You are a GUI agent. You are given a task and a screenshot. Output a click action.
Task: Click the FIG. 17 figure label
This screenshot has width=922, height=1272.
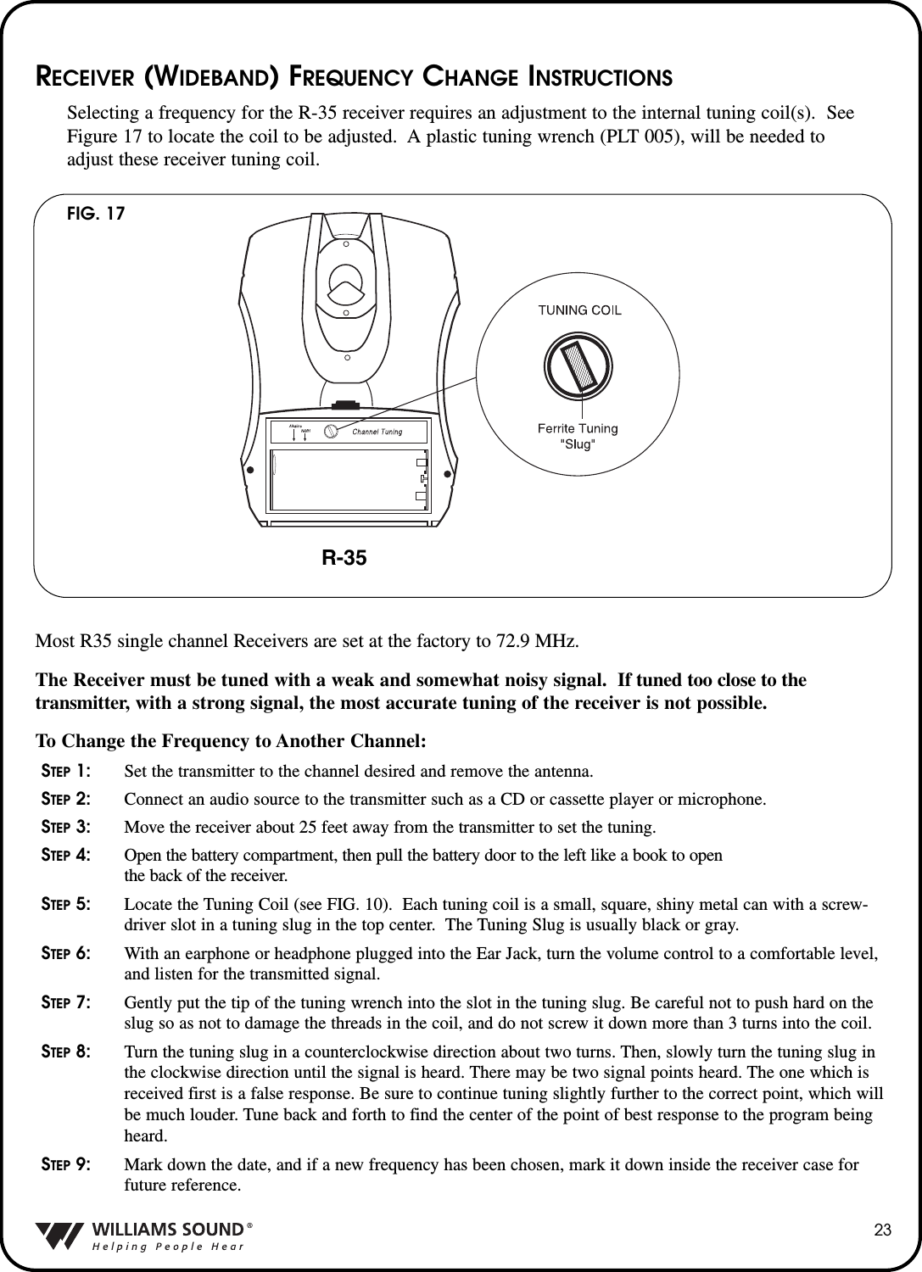coord(96,214)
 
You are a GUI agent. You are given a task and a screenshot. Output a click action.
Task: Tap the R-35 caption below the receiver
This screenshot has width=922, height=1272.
coord(344,557)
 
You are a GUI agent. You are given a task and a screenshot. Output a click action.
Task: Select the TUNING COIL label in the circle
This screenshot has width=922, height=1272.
coord(579,310)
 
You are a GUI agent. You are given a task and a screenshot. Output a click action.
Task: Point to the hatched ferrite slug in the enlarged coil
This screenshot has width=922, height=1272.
coord(579,365)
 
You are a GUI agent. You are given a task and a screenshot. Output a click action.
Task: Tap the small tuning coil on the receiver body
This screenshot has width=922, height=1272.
coord(332,431)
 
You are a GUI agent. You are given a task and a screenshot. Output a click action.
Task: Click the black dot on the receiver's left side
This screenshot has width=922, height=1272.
coord(250,469)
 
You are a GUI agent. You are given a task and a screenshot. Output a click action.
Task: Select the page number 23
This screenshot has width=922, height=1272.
coord(884,1231)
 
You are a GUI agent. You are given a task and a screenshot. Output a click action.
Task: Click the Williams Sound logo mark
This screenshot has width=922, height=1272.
coord(59,1236)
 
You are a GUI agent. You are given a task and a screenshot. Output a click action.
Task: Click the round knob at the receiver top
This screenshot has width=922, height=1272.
coord(347,282)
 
